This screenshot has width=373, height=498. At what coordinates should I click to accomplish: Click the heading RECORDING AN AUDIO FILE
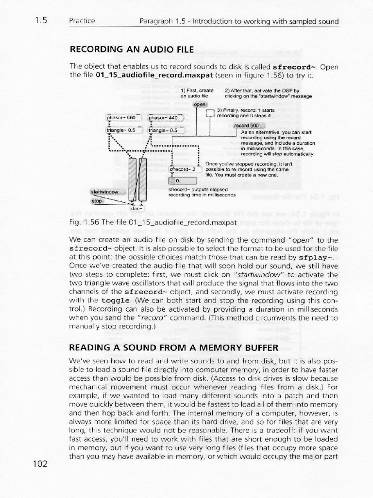(x=132, y=50)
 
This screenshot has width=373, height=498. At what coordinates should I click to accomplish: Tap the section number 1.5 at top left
(x=40, y=21)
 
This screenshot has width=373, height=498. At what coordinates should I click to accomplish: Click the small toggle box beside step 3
(x=210, y=114)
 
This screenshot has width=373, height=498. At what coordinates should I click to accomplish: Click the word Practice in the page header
(x=82, y=21)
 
